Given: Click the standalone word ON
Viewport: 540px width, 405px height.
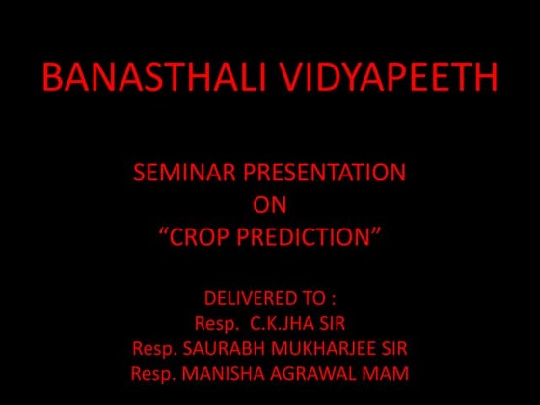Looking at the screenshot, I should pyautogui.click(x=269, y=204).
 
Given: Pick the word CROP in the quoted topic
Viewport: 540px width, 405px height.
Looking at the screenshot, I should pyautogui.click(x=203, y=236).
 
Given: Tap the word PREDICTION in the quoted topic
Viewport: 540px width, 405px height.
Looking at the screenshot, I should pyautogui.click(x=310, y=236).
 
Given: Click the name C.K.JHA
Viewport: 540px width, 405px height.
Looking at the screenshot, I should pyautogui.click(x=283, y=322).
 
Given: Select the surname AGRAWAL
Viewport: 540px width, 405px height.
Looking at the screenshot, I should pyautogui.click(x=311, y=372).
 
